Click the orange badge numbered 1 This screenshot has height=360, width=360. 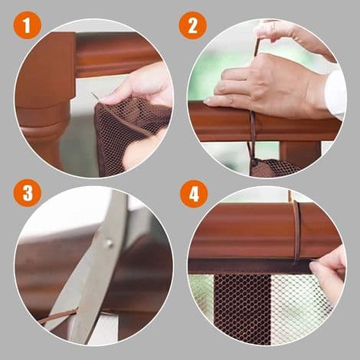pos(27,25)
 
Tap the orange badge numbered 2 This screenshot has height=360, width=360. pos(192,25)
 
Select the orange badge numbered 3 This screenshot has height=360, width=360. pos(28,192)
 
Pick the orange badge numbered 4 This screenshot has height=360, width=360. pos(193,194)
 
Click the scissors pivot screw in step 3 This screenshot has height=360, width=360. pos(110,244)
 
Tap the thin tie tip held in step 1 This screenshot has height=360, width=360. pos(95,97)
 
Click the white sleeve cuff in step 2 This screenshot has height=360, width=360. pos(335,93)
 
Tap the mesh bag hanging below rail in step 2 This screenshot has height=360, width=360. pos(274,167)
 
